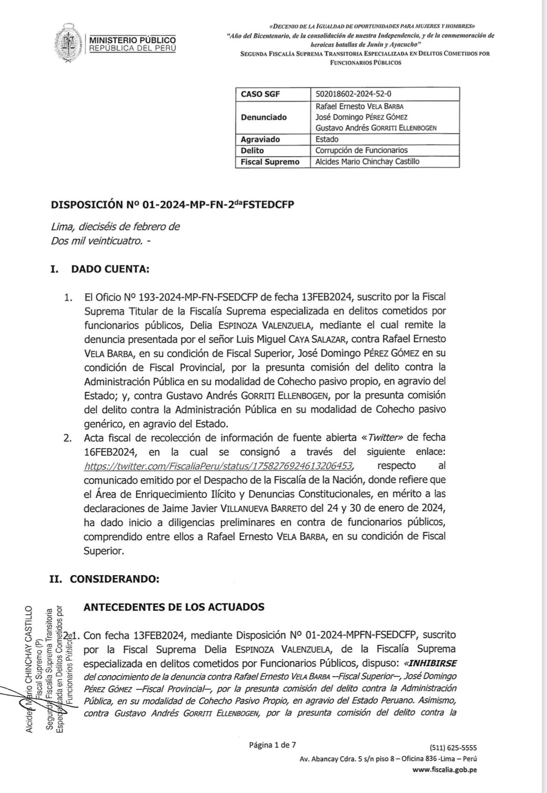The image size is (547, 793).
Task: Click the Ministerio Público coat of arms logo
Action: [x=68, y=43]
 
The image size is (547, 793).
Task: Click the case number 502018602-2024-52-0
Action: [x=354, y=94]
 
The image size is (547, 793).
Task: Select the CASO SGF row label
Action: [x=260, y=94]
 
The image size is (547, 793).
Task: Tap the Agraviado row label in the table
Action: [x=260, y=139]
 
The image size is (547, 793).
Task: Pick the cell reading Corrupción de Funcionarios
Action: [x=361, y=151]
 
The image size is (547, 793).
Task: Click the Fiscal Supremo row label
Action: [x=270, y=162]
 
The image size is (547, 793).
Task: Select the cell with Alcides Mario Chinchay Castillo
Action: [x=367, y=162]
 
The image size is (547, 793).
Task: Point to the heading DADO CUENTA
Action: [x=110, y=269]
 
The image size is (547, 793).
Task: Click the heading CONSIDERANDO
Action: [x=114, y=578]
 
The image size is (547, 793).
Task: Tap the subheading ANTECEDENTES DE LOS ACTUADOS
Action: [x=174, y=607]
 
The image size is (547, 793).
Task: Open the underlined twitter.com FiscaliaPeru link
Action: [x=218, y=466]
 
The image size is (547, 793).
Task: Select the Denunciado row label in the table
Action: [x=263, y=117]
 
